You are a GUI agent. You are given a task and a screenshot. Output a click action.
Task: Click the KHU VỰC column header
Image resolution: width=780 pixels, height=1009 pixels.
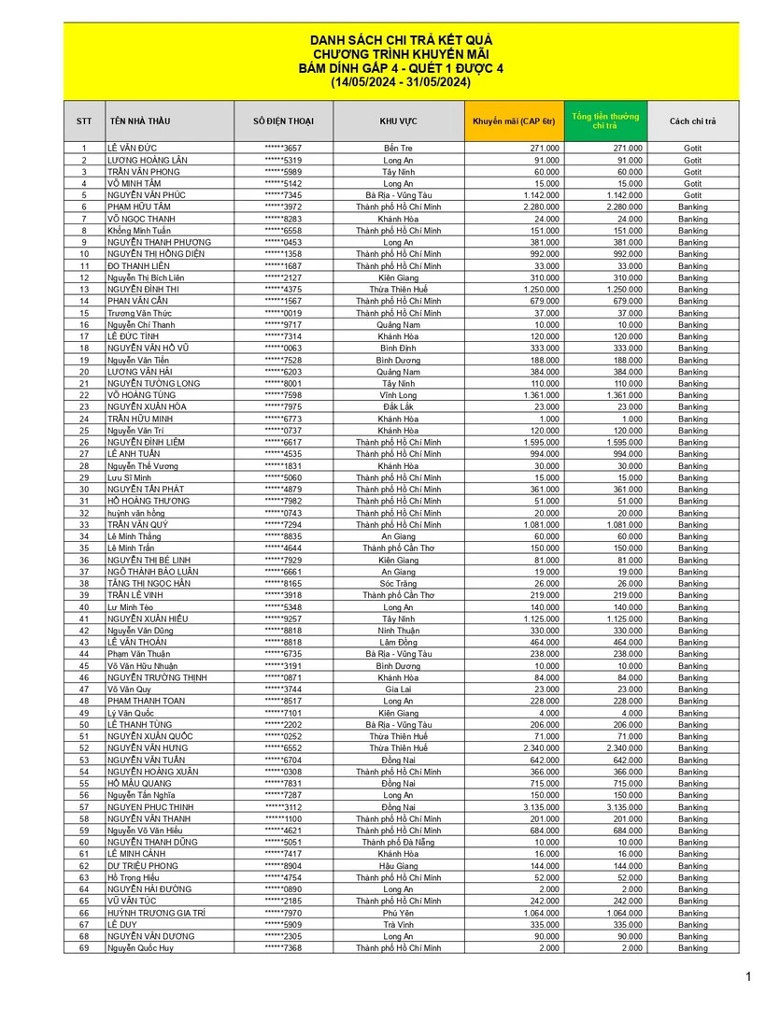click(x=398, y=121)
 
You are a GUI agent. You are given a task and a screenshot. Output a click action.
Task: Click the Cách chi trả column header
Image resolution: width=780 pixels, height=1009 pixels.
click(x=692, y=121)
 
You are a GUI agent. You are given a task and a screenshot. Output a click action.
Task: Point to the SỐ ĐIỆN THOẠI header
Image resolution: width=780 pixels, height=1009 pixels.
click(x=283, y=121)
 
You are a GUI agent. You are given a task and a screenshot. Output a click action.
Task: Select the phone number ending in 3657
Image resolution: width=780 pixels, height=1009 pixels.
click(x=283, y=149)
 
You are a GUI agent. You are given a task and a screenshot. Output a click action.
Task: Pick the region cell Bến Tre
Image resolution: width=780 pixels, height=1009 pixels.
click(x=398, y=149)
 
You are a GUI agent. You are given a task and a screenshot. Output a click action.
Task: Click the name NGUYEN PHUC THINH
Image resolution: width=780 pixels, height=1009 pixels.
click(x=150, y=807)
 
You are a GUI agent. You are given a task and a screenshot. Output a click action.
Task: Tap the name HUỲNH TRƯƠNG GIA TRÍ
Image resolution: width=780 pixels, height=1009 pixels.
click(x=156, y=913)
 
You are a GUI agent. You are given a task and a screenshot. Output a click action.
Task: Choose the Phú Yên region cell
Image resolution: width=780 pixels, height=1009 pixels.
click(x=398, y=913)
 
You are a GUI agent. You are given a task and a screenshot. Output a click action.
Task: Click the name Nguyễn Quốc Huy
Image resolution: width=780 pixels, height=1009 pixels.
click(x=140, y=948)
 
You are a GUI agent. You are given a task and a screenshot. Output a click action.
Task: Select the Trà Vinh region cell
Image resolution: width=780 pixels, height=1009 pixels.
click(x=398, y=925)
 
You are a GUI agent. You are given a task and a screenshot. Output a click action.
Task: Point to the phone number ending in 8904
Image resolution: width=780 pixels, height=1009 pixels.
click(x=283, y=866)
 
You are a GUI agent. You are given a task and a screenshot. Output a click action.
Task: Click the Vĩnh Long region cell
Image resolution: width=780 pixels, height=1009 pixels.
click(x=398, y=395)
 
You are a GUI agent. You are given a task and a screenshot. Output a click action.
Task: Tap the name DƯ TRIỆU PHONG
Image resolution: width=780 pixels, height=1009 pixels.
click(x=142, y=866)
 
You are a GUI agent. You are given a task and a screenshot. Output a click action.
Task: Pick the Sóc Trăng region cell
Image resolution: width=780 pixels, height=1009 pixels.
click(x=398, y=583)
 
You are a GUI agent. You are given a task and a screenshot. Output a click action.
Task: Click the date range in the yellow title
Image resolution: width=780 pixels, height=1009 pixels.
click(x=401, y=82)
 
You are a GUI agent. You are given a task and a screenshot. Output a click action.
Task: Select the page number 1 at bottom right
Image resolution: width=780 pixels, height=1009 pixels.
click(x=748, y=977)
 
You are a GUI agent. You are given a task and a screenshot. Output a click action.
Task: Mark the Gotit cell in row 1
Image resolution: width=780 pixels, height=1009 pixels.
click(x=692, y=149)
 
